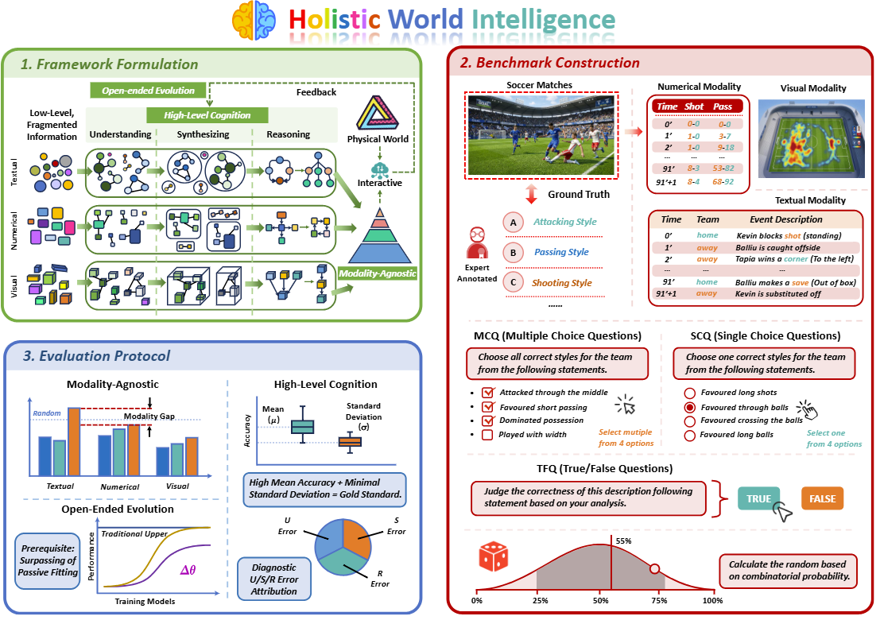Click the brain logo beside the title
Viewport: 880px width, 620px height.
click(x=254, y=20)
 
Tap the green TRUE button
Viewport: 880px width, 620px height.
click(x=758, y=498)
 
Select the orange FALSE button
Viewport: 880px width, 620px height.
click(x=822, y=498)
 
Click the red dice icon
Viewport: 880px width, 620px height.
click(x=494, y=556)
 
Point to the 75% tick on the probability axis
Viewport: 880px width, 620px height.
click(x=660, y=591)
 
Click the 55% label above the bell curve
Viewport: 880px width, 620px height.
click(x=623, y=541)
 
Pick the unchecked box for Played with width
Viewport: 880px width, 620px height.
click(x=488, y=434)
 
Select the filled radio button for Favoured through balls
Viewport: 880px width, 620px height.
click(x=690, y=407)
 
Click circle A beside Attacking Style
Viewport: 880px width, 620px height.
click(x=513, y=223)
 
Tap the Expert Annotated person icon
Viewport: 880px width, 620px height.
click(x=477, y=242)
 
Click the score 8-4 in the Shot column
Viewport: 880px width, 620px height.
click(x=694, y=182)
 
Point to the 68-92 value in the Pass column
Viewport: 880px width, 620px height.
click(x=723, y=182)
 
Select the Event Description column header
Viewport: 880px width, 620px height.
click(x=785, y=219)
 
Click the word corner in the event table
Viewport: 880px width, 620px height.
click(x=796, y=258)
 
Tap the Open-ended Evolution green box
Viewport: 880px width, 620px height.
click(x=148, y=91)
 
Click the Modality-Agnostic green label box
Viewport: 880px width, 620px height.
click(x=377, y=273)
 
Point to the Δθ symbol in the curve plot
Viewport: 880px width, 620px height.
click(x=188, y=570)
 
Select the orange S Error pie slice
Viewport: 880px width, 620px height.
click(x=356, y=537)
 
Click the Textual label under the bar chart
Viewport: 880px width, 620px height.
click(x=60, y=486)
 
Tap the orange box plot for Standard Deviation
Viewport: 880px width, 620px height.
click(x=350, y=442)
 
